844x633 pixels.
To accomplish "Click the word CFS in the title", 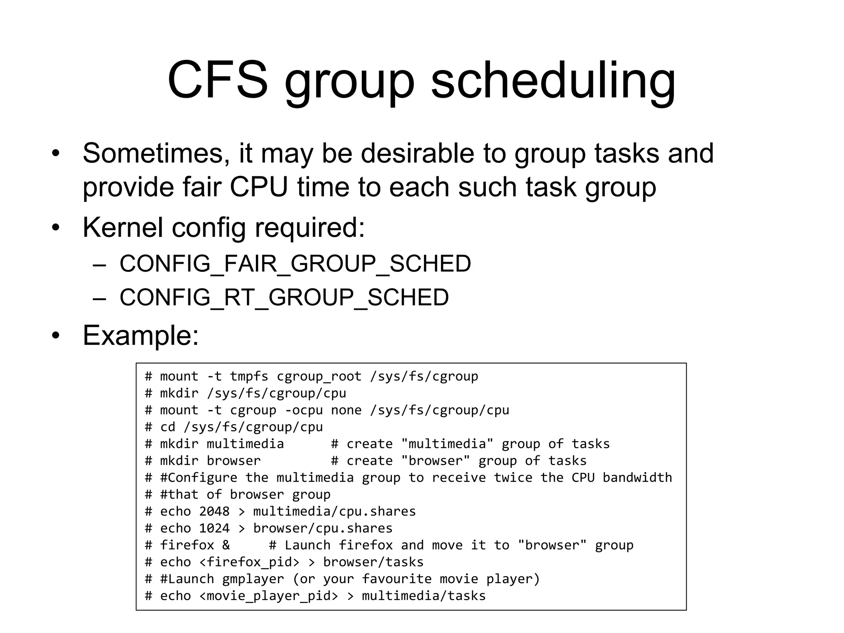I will point(218,80).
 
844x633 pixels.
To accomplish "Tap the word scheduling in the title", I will point(553,81).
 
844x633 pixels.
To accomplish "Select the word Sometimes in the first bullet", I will point(156,153).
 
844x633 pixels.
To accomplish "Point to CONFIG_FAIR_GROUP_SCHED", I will point(295,264).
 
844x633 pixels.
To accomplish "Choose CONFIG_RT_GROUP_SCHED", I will point(284,297).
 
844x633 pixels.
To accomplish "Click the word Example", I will point(141,335).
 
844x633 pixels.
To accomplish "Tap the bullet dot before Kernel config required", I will point(56,228).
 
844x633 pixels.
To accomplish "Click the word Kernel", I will point(122,227).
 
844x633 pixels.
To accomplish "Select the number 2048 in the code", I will point(214,511).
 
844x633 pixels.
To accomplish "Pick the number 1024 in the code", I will point(214,528).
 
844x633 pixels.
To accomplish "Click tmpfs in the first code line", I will point(249,376).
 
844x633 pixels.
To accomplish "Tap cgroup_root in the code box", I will point(319,376).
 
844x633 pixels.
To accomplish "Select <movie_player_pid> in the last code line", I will point(268,596).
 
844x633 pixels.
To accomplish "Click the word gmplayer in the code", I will point(253,579).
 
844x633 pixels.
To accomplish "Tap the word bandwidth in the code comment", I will point(637,478).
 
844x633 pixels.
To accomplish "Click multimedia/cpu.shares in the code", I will point(334,511).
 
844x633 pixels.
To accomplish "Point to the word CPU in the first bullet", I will point(258,187).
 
